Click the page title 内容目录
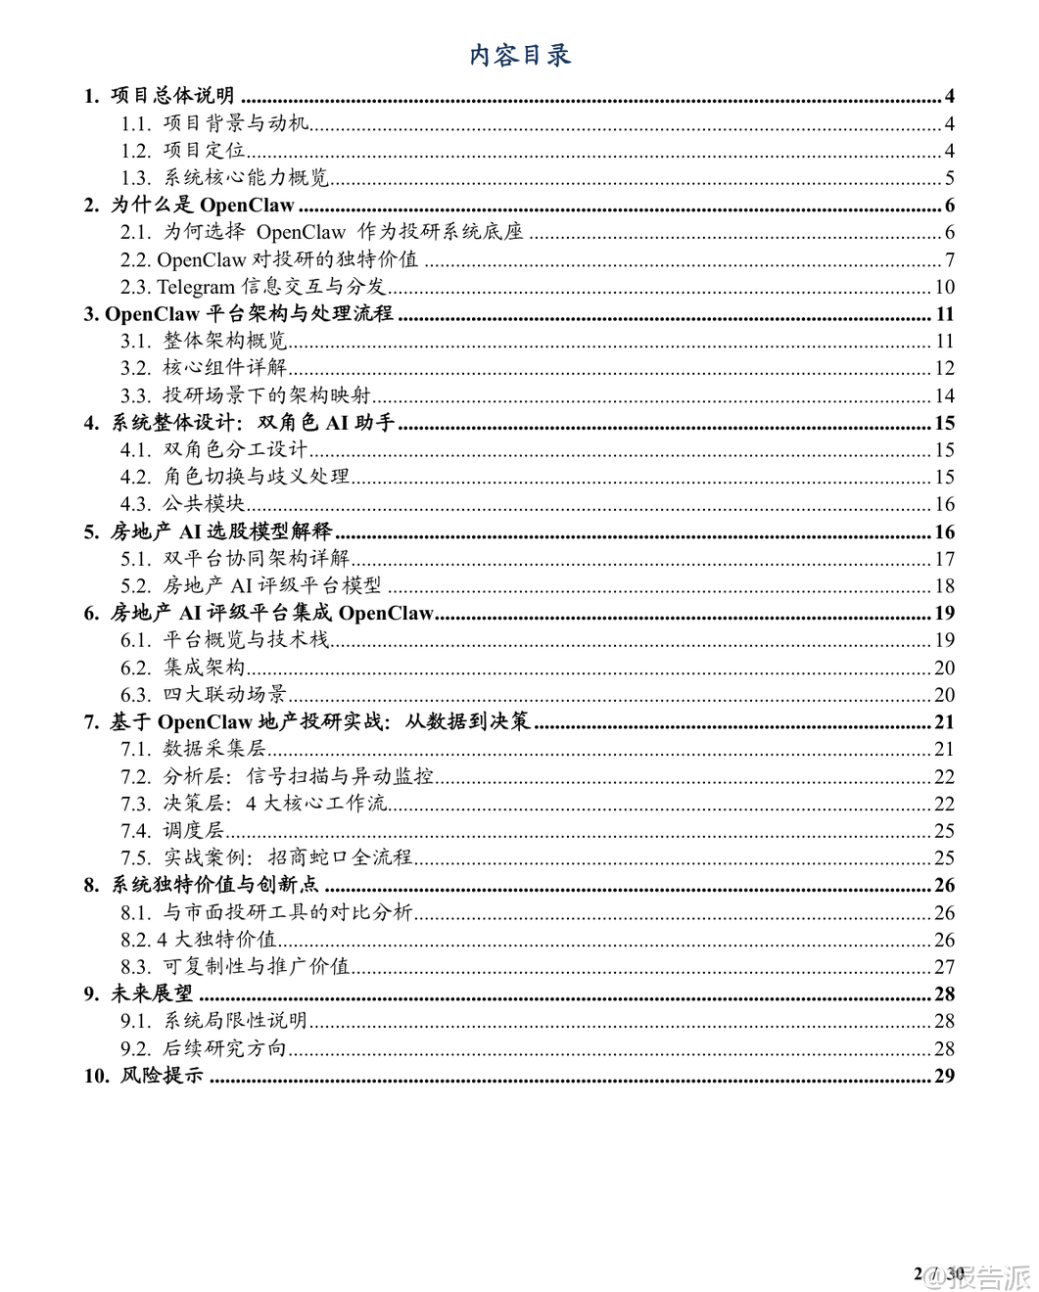(x=519, y=55)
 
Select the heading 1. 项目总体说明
(x=159, y=96)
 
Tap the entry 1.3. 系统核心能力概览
(x=225, y=178)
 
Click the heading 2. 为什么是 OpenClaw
(x=189, y=206)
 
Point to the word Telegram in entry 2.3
(x=196, y=287)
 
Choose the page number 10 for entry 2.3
(x=944, y=287)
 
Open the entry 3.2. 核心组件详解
(x=204, y=368)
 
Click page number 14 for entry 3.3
(x=944, y=395)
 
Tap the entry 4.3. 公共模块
(x=183, y=504)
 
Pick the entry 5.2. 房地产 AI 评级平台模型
(x=251, y=585)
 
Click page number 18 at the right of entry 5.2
(x=944, y=585)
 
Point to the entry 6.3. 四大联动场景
(x=204, y=695)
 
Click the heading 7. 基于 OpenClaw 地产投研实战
(x=307, y=721)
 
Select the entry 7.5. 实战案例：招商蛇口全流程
(x=266, y=857)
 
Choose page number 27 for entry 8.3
(x=944, y=966)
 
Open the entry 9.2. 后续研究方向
(x=204, y=1048)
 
